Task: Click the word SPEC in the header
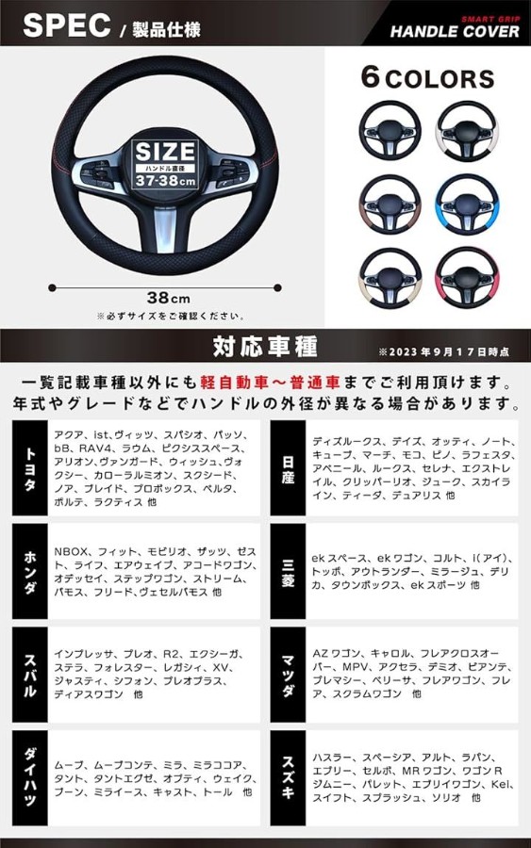click(x=67, y=25)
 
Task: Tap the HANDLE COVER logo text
click(x=455, y=31)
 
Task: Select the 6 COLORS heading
click(x=427, y=78)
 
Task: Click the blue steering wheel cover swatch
click(x=467, y=204)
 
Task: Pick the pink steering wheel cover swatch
click(x=467, y=277)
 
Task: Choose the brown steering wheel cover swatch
click(x=390, y=204)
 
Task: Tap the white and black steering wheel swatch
click(x=467, y=130)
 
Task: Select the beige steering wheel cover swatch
click(x=390, y=277)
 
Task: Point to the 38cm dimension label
click(x=168, y=298)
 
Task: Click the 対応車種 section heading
click(x=265, y=346)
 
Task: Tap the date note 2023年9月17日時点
click(x=444, y=352)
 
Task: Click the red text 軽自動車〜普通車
click(x=270, y=383)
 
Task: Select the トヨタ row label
click(x=30, y=468)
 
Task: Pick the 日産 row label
click(x=288, y=468)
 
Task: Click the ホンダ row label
click(x=30, y=571)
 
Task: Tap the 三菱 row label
click(x=288, y=571)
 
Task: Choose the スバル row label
click(x=30, y=675)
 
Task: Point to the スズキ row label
click(x=288, y=777)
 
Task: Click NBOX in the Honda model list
click(x=71, y=551)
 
